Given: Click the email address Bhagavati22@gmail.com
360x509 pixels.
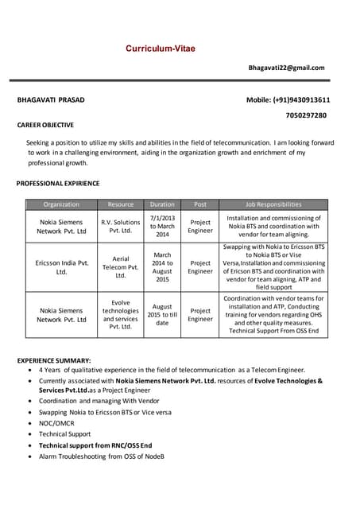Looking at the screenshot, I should click(287, 68).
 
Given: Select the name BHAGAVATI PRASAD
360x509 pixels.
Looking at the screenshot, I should click(51, 100).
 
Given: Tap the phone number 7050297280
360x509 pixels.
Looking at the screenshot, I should click(306, 115).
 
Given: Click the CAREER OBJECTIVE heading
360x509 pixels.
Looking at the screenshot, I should click(45, 125).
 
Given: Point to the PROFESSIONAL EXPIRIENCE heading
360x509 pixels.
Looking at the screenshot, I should click(58, 184).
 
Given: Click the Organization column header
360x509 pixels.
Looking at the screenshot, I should click(61, 204).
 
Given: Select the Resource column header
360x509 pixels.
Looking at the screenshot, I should click(121, 204).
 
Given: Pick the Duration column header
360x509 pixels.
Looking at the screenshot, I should click(162, 204).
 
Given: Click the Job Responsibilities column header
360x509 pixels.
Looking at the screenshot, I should click(273, 204).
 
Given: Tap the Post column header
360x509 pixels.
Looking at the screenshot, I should click(200, 204).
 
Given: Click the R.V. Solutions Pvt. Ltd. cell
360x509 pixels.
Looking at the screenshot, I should click(121, 227).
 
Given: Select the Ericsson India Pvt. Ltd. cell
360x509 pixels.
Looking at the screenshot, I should click(61, 267).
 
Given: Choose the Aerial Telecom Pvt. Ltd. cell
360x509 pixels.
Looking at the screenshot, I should click(121, 267).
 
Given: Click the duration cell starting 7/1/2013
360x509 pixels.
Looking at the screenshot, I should click(162, 226).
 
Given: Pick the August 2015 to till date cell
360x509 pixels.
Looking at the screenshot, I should click(162, 315).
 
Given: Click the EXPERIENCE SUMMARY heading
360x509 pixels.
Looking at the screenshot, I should click(54, 360).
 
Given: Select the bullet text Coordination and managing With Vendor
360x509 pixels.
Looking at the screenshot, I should click(105, 402).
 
